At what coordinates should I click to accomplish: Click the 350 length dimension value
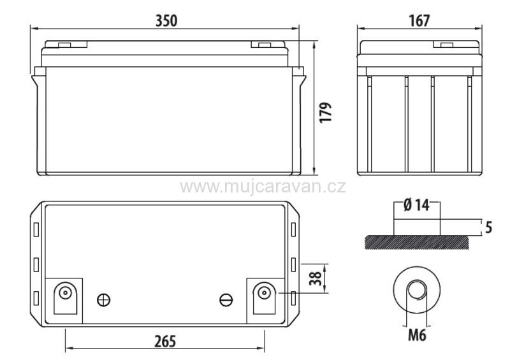click(x=166, y=21)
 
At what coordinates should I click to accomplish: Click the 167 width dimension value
click(x=419, y=21)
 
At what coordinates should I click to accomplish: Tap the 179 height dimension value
click(x=326, y=113)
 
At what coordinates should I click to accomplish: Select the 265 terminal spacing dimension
click(x=165, y=342)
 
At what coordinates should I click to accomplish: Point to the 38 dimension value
click(x=316, y=278)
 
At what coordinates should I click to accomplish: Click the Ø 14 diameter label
click(x=416, y=205)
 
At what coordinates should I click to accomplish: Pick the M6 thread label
click(x=417, y=335)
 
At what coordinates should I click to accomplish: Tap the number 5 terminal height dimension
click(x=488, y=227)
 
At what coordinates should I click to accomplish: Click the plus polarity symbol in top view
click(x=104, y=299)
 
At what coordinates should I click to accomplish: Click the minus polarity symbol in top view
click(x=226, y=299)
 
